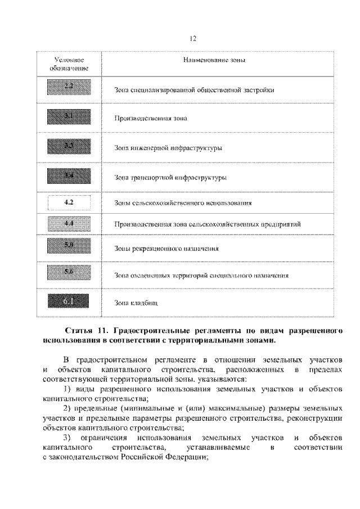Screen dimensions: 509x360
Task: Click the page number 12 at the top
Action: [x=192, y=38]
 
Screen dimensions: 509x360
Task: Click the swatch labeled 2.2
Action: [x=69, y=88]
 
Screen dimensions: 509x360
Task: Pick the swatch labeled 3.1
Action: [x=69, y=117]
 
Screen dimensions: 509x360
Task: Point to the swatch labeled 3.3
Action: [x=69, y=147]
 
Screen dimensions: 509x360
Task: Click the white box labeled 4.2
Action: [x=69, y=201]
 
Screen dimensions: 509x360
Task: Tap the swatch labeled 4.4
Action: [x=69, y=224]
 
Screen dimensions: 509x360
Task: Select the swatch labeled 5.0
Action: [x=69, y=246]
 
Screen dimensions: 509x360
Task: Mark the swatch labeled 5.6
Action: [x=69, y=273]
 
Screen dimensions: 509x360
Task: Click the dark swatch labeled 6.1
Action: [x=69, y=302]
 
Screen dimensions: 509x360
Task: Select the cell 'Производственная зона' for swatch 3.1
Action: [x=150, y=119]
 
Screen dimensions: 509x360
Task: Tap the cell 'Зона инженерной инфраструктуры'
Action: [x=168, y=148]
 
